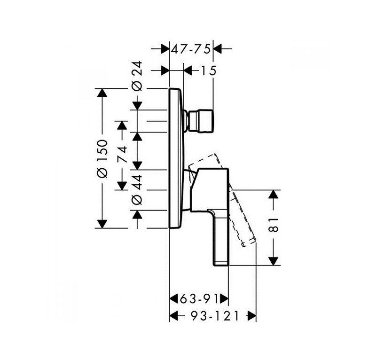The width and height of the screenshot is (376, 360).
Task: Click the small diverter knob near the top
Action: click(x=200, y=120)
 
